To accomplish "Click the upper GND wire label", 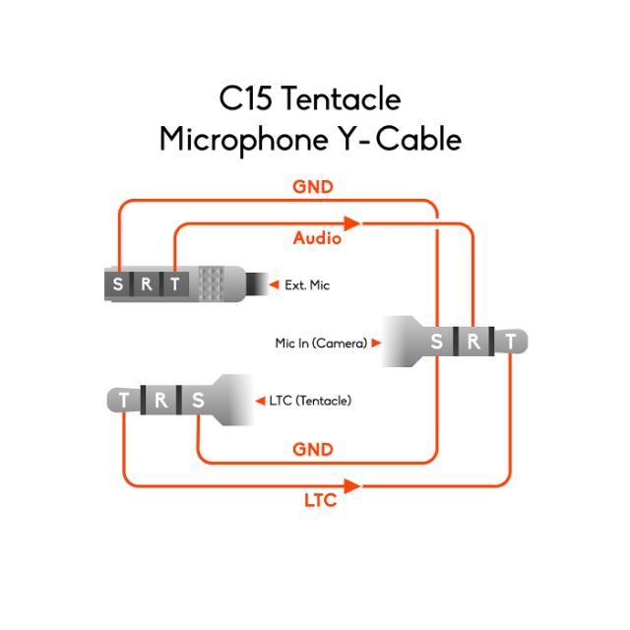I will [x=313, y=186].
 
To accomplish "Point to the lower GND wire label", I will [x=313, y=449].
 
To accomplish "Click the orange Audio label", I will [x=317, y=238].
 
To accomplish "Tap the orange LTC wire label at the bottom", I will [x=319, y=501].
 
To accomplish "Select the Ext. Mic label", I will [x=307, y=284].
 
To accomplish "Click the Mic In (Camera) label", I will [x=321, y=344].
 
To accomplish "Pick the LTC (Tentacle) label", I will [x=310, y=401].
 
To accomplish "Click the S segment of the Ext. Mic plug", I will [x=119, y=284].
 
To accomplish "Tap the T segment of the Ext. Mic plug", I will [x=175, y=284].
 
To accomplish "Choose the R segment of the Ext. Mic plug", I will [x=147, y=284].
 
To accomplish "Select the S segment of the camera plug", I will [x=437, y=343].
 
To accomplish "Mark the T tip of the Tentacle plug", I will [x=124, y=400].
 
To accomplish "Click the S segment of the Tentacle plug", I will [x=198, y=400].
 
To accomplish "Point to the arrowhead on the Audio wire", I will [x=349, y=224].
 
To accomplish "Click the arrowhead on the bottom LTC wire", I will [x=365, y=485].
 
